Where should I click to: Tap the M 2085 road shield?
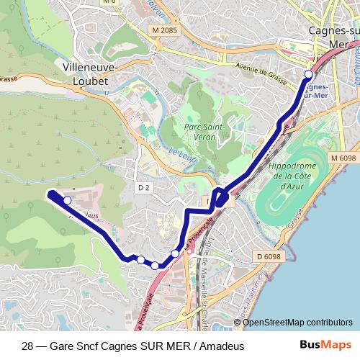click(165, 30)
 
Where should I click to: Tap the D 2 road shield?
click(143, 188)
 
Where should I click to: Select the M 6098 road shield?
click(344, 157)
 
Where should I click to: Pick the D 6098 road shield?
click(267, 255)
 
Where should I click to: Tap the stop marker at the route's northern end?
click(309, 74)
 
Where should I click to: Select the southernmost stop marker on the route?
click(155, 266)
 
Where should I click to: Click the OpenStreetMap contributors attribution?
click(297, 322)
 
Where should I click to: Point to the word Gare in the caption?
click(62, 346)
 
